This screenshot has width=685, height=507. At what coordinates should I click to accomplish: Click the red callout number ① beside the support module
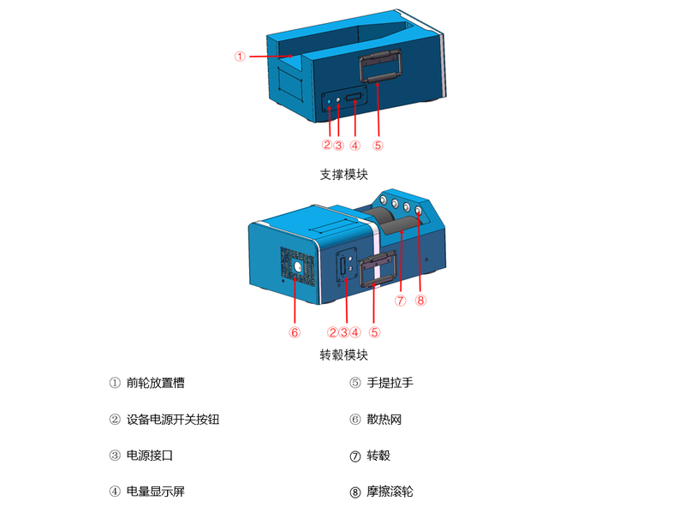[x=240, y=57]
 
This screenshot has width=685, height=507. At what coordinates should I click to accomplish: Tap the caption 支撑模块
[x=344, y=175]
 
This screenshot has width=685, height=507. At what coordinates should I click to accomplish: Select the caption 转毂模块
[x=344, y=355]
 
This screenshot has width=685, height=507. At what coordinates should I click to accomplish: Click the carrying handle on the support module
[x=380, y=67]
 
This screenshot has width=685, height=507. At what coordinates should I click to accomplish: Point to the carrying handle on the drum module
[x=378, y=269]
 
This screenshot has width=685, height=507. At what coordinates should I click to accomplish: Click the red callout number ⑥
[x=295, y=332]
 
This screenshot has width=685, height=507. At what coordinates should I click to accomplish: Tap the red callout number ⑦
[x=400, y=301]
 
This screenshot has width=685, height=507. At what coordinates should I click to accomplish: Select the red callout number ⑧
[x=420, y=301]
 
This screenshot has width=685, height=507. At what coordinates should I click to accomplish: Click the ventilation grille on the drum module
[x=297, y=267]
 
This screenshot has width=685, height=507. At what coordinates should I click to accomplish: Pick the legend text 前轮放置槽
[x=156, y=383]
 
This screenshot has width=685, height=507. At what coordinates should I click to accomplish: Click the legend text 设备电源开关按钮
[x=173, y=420]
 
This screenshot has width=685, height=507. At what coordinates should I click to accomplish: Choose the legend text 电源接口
[x=150, y=456]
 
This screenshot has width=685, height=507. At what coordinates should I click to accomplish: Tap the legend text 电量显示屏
[x=156, y=492]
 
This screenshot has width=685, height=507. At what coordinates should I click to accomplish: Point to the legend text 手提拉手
[x=390, y=383]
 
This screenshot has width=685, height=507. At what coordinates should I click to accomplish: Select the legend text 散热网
[x=384, y=420]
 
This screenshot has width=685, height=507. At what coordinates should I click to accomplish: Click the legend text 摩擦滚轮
[x=390, y=492]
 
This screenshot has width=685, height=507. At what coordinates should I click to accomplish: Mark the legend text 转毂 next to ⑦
[x=378, y=456]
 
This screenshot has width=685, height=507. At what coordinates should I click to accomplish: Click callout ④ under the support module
[x=355, y=146]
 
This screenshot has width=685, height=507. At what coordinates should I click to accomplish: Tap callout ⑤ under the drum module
[x=374, y=332]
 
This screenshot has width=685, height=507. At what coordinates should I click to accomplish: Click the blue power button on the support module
[x=330, y=102]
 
